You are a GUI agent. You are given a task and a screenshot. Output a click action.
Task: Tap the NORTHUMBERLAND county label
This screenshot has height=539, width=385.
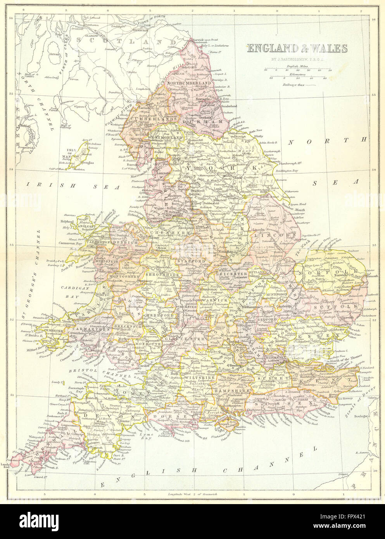pyautogui.click(x=189, y=83)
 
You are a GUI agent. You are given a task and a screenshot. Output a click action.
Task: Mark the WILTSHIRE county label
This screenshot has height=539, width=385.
pyautogui.click(x=199, y=377)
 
